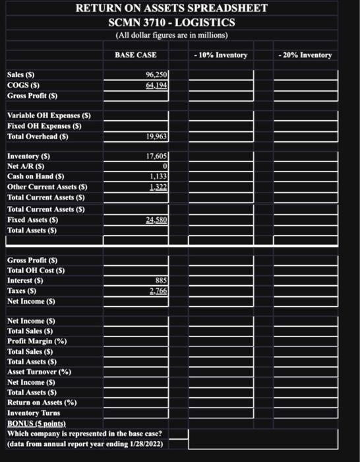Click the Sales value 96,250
[156, 75]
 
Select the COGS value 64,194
[156, 85]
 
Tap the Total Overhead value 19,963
[156, 137]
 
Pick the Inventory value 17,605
[156, 156]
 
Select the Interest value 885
[161, 280]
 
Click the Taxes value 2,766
[158, 290]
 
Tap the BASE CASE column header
[135, 54]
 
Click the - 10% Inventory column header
[221, 54]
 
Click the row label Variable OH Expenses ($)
[48, 116]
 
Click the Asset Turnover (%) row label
[39, 372]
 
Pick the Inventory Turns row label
[34, 412]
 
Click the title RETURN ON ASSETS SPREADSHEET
[171, 9]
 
